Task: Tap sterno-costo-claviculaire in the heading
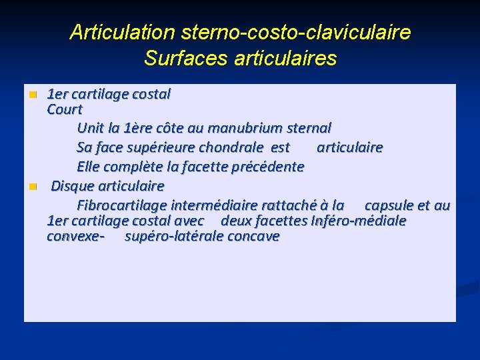tap(293, 31)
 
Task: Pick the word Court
tap(65, 109)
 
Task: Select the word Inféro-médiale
tap(359, 221)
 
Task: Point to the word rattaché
tap(277, 205)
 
